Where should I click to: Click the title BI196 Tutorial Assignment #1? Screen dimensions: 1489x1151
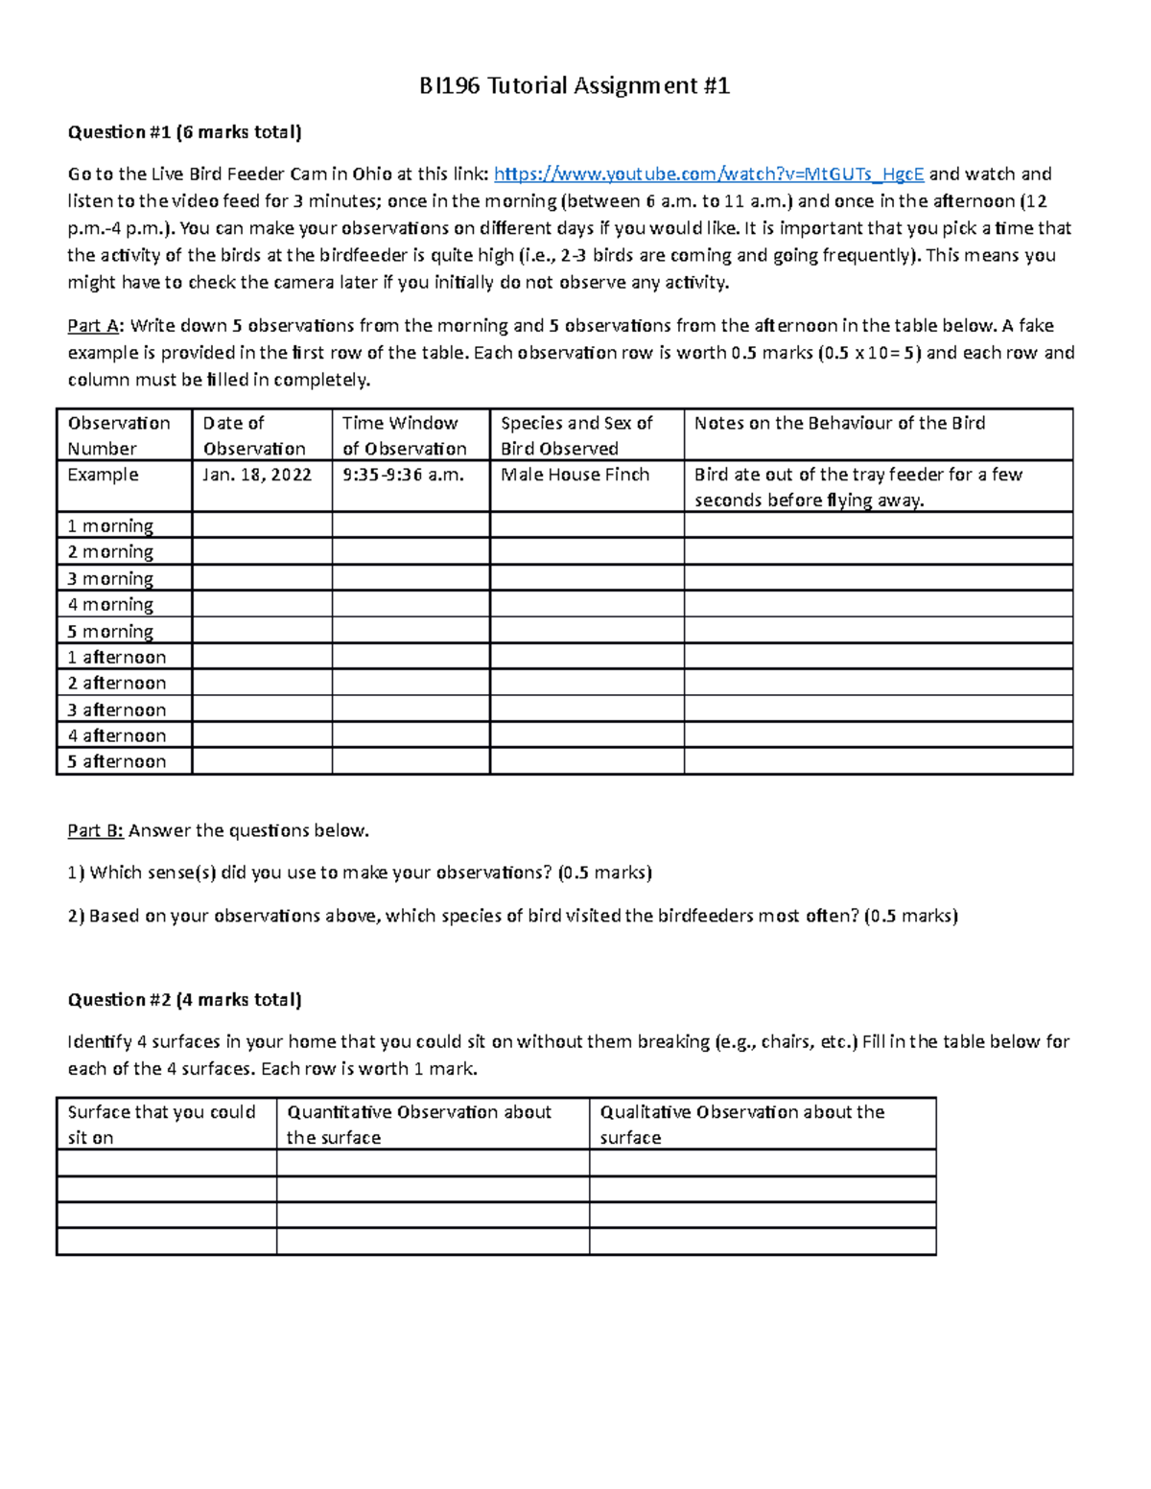click(575, 86)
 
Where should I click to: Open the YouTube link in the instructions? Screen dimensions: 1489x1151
click(709, 174)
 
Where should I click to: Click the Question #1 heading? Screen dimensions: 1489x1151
click(184, 132)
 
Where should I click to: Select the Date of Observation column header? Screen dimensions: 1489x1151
click(254, 435)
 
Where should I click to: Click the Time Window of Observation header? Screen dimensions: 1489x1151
click(405, 435)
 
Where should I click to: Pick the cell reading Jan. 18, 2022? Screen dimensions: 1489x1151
click(257, 476)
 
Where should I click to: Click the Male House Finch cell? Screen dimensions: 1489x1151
click(575, 476)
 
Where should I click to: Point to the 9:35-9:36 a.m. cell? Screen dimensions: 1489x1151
click(403, 476)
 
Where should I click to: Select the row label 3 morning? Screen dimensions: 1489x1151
click(110, 578)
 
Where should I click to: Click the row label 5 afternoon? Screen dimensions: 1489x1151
click(117, 761)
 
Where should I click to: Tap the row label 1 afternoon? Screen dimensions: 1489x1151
click(117, 657)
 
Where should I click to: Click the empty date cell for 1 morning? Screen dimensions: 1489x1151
click(262, 525)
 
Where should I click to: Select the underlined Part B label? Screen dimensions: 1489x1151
click(95, 831)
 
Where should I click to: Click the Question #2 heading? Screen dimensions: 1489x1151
click(184, 1000)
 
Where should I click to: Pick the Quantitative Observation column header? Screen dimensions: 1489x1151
click(419, 1125)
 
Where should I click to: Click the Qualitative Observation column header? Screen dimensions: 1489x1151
click(741, 1125)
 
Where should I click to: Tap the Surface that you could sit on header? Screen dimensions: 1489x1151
click(162, 1125)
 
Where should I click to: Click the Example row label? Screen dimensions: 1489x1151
click(103, 476)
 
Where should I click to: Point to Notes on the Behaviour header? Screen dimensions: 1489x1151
click(839, 424)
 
